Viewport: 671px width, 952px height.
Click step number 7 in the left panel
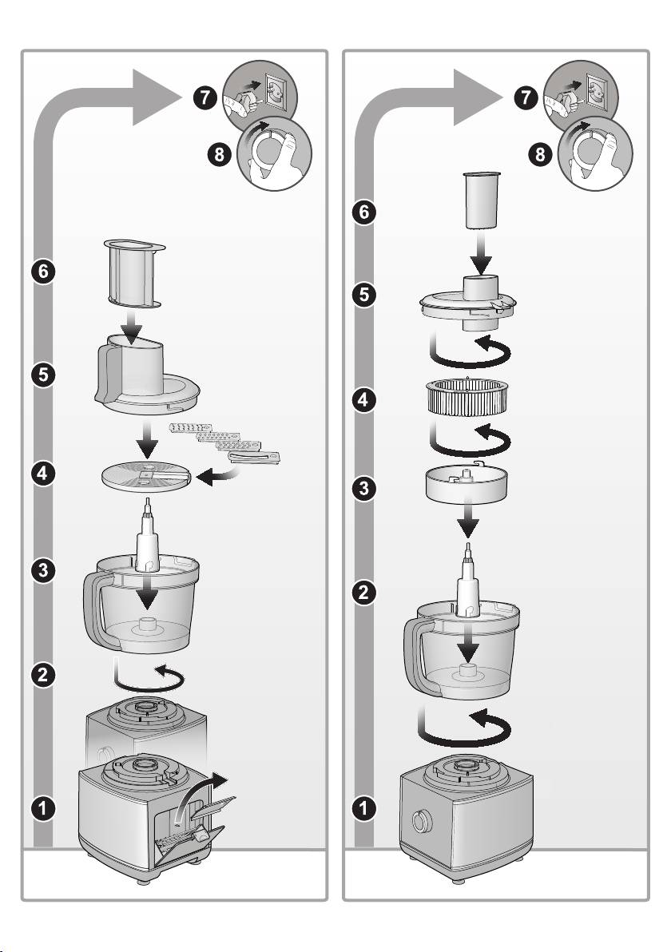click(x=206, y=97)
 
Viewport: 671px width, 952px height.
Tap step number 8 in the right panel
click(x=540, y=155)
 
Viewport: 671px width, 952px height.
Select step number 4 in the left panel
click(x=42, y=473)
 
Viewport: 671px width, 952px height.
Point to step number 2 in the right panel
click(x=363, y=592)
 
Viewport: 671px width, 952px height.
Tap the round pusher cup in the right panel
click(x=482, y=200)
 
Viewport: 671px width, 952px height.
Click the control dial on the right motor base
click(x=419, y=821)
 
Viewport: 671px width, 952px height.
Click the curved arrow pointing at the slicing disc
click(x=219, y=478)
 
